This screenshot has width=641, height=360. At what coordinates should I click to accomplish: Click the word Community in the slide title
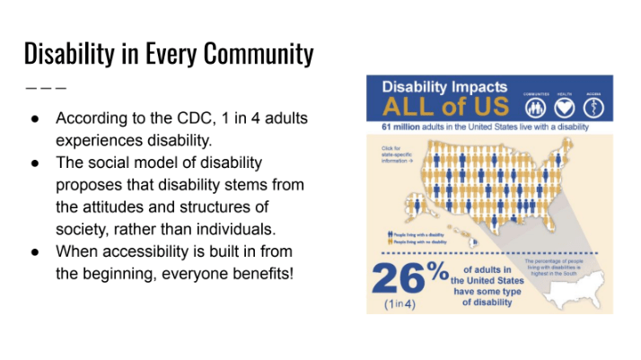[x=253, y=54]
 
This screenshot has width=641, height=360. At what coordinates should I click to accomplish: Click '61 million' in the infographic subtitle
[x=400, y=128]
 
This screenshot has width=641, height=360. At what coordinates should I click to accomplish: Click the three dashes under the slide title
[x=45, y=89]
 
